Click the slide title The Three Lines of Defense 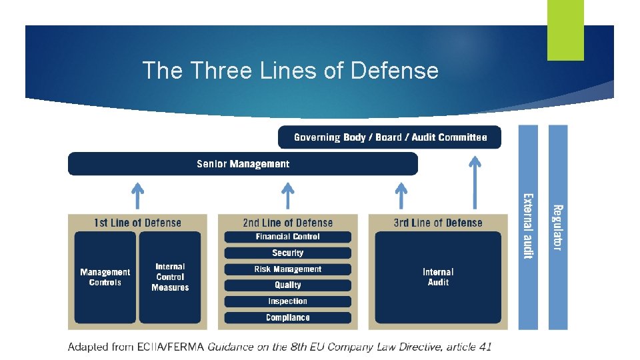[291, 71]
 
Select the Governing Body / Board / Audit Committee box [389, 137]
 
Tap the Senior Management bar [243, 164]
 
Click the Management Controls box [105, 277]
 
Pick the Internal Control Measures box [170, 277]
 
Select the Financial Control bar [287, 237]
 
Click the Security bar [287, 253]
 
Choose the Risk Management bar [287, 269]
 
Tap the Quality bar [287, 285]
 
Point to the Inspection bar [287, 301]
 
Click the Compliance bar [287, 318]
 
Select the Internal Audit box [438, 277]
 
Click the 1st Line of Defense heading [137, 223]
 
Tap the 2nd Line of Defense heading [287, 223]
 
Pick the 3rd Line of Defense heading [438, 223]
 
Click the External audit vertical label [528, 227]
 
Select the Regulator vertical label [558, 227]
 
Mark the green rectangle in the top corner [565, 30]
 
